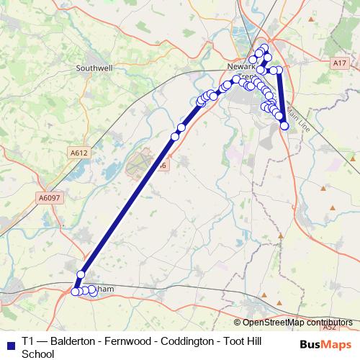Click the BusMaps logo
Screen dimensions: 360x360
325,345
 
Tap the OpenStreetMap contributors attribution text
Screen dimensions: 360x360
294,323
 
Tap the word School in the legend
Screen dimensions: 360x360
38,354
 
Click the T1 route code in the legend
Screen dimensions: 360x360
28,341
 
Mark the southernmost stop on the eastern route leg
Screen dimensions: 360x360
284,126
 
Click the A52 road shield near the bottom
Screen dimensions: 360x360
330,327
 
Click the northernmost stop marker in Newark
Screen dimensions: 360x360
264,48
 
